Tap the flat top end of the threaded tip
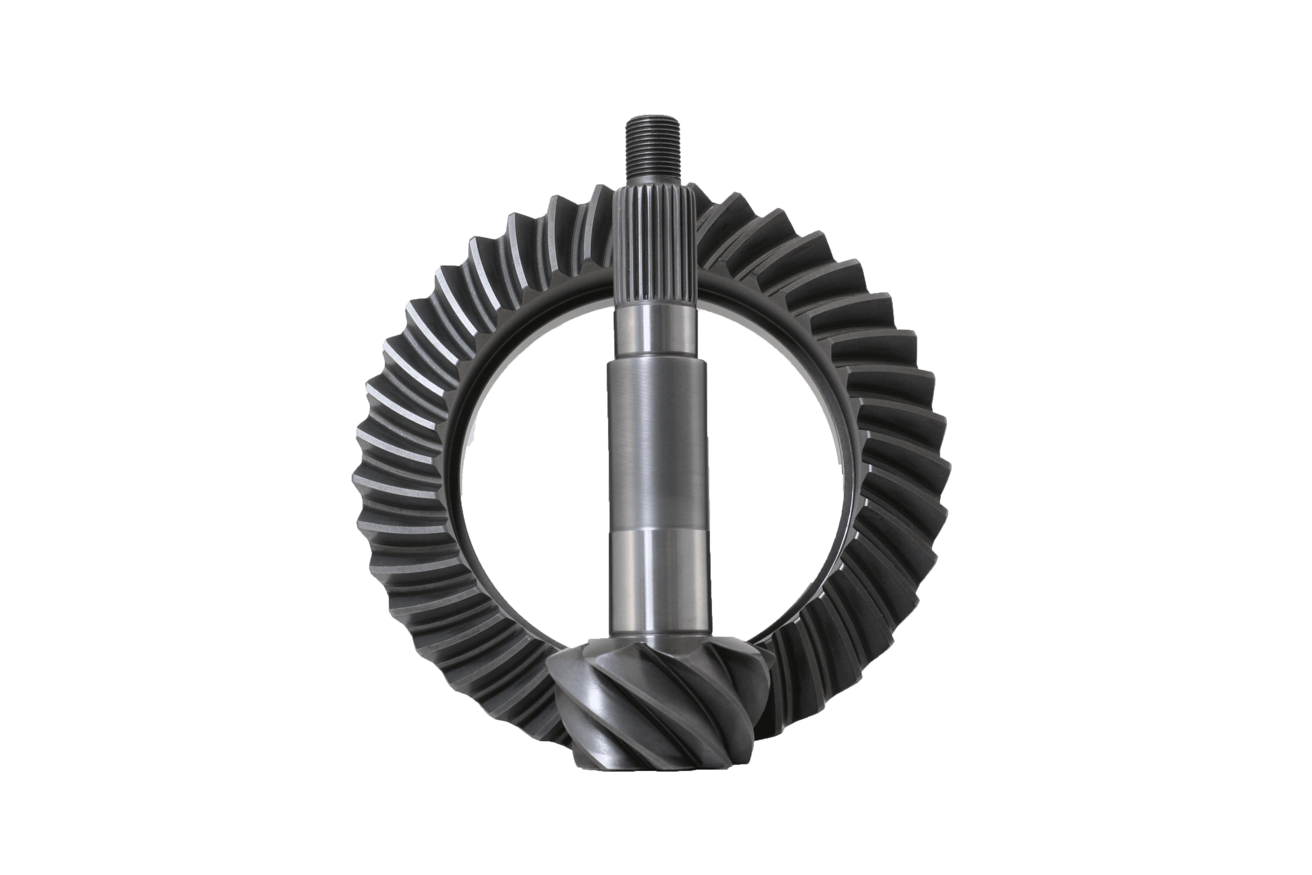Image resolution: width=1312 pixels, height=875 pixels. [653, 118]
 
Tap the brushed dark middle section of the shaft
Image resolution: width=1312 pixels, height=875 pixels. [658, 446]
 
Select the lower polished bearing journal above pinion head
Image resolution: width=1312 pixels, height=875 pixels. [661, 586]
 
